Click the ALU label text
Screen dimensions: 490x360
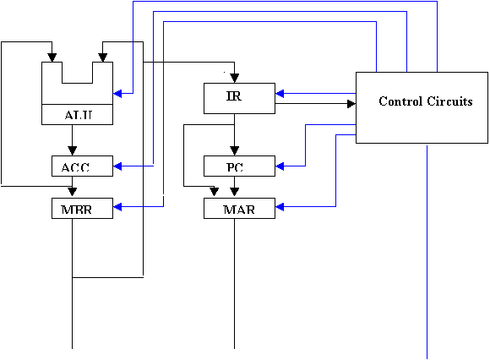coord(78,115)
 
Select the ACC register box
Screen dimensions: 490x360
coord(82,166)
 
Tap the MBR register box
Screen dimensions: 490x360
coord(82,208)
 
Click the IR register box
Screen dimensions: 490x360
coord(239,98)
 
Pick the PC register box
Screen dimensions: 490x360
coord(239,166)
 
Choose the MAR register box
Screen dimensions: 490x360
coord(239,208)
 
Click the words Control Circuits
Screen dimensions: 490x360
coord(425,101)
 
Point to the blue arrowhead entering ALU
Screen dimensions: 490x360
coord(117,93)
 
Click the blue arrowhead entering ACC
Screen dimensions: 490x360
coord(117,166)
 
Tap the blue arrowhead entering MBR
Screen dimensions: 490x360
coord(117,206)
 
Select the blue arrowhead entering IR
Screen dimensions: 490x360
coord(280,93)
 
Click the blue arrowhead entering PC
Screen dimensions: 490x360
coord(280,166)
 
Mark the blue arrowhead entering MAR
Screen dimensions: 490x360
coord(280,206)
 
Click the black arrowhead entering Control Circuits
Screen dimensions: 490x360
coord(351,103)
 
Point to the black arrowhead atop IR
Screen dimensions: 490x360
coord(234,78)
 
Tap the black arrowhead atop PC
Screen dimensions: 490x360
coord(234,151)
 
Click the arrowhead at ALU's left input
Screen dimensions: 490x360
coord(52,57)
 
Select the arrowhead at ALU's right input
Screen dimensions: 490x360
coord(103,57)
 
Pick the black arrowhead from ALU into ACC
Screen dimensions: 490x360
coord(72,151)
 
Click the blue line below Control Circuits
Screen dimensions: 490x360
coord(427,252)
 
